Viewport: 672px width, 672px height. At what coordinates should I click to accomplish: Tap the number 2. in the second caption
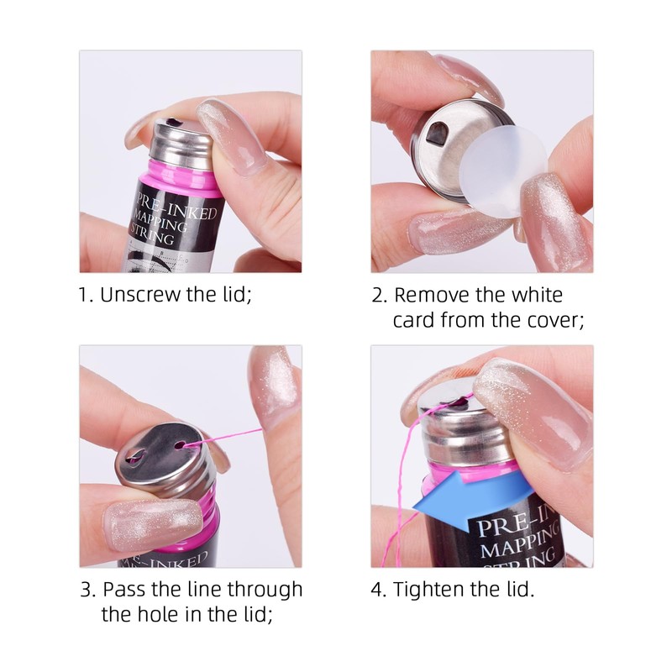point(380,295)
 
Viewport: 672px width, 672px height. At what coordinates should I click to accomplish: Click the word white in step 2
point(534,295)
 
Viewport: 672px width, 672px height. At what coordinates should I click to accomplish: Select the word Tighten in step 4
point(433,589)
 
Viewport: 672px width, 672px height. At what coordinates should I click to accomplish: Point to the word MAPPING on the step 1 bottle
point(163,223)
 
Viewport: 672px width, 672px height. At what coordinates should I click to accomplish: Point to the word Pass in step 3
point(127,589)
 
